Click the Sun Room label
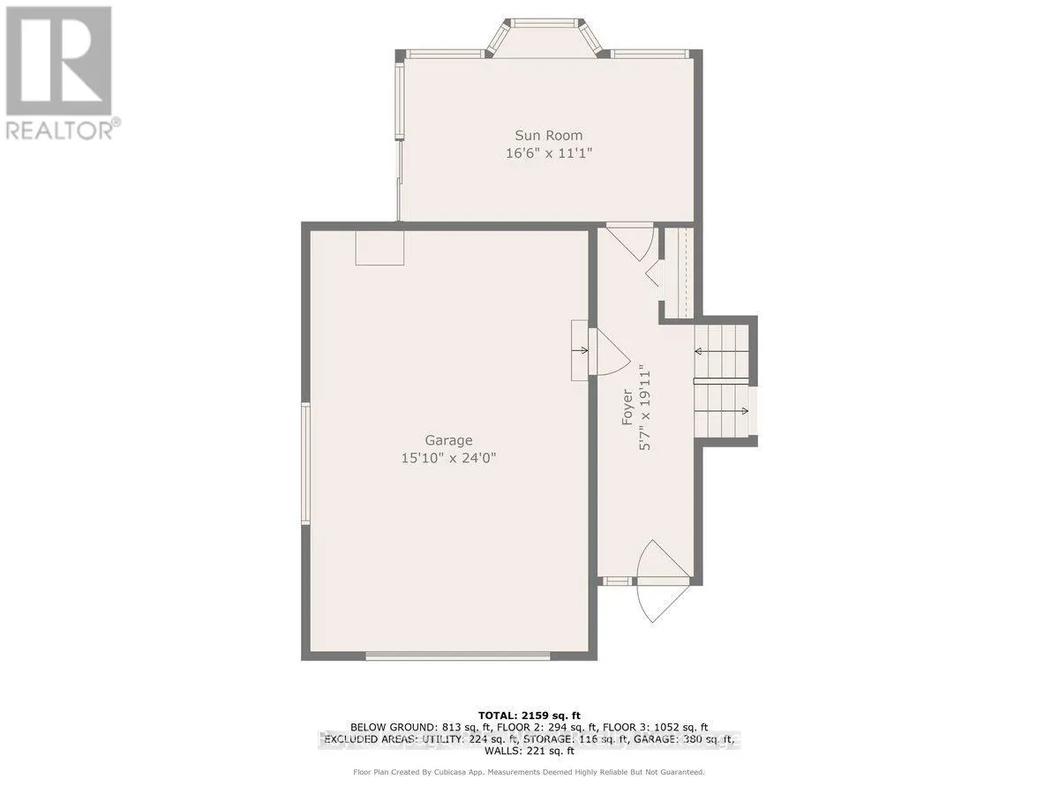549,135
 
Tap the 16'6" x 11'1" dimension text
549,153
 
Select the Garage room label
448,440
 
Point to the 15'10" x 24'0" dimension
448,458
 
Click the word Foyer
627,408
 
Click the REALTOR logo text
60,129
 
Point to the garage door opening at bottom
458,655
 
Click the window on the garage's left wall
305,464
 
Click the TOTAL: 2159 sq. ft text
529,715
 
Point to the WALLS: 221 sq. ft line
529,751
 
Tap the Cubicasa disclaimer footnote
529,772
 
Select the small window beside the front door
617,581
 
